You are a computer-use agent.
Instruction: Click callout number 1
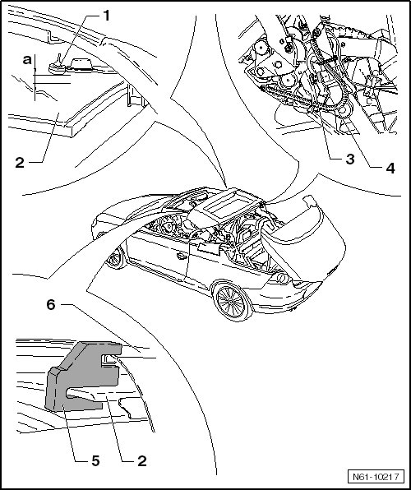pos(107,16)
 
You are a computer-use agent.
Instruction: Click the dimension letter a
pos(27,59)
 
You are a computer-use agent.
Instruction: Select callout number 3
pos(350,159)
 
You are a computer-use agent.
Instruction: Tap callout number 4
pos(390,168)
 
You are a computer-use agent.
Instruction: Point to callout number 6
pos(51,304)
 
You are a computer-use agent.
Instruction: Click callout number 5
pos(95,460)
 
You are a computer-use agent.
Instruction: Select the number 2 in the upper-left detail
pos(20,163)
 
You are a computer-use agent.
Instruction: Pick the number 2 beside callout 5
pos(142,460)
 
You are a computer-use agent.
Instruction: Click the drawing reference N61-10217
pos(376,477)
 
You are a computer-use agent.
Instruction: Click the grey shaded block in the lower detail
pos(83,375)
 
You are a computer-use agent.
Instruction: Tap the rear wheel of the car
pos(232,302)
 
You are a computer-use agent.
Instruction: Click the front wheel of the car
pos(115,258)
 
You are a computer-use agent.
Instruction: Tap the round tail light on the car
pos(283,278)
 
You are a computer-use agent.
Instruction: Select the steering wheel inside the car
pos(166,224)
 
